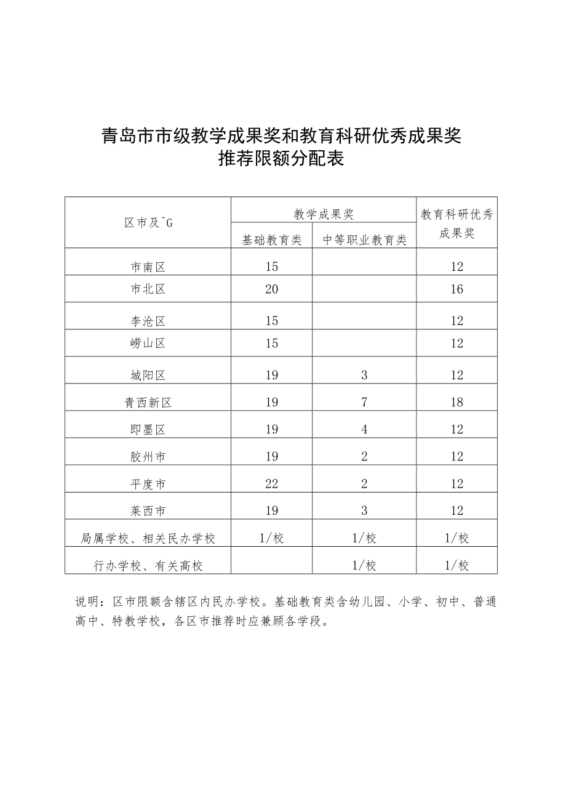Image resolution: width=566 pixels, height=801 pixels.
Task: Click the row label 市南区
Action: (x=148, y=267)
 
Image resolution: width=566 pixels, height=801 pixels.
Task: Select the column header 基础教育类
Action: (x=272, y=240)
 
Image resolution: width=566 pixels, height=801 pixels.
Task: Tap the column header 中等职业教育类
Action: (x=365, y=240)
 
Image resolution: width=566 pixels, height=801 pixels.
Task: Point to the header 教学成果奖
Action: (x=324, y=214)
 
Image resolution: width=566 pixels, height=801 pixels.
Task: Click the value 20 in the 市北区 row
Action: (x=272, y=289)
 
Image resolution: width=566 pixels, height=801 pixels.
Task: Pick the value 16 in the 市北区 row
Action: (x=456, y=289)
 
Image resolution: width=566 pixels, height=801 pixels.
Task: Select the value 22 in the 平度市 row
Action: (x=272, y=484)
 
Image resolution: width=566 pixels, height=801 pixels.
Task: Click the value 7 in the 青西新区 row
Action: (x=365, y=403)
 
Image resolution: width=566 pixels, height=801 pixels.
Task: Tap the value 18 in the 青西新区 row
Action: (x=456, y=403)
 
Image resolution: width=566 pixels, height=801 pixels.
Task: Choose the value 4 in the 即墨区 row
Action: (x=365, y=430)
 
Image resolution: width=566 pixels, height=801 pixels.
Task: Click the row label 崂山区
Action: (x=148, y=344)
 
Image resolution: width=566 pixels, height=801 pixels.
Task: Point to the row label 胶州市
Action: (x=148, y=457)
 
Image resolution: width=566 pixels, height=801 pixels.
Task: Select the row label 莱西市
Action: (x=148, y=511)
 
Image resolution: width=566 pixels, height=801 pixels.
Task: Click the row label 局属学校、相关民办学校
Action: (x=148, y=538)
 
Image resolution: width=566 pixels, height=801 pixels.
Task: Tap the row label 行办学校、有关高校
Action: (x=148, y=565)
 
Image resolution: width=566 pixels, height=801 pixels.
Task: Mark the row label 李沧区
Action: (x=148, y=321)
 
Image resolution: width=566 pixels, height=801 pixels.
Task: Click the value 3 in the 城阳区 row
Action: (x=365, y=375)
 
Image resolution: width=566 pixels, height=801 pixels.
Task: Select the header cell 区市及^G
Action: (x=148, y=223)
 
